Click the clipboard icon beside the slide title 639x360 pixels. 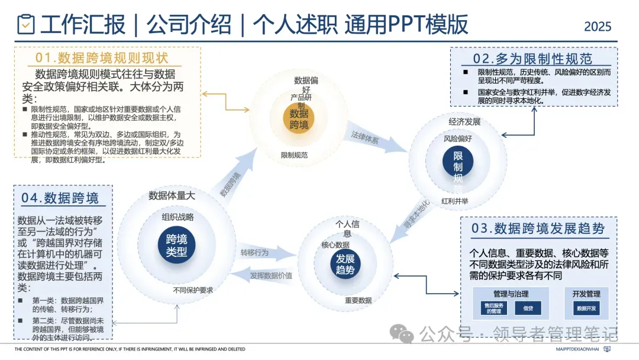coord(26,24)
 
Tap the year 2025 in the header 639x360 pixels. coord(598,27)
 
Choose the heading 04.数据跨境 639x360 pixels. coord(60,198)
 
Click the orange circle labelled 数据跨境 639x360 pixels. coord(299,118)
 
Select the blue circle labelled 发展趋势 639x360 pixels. coord(345,265)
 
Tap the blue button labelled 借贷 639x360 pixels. coord(527,308)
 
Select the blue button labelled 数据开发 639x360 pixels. coord(586,308)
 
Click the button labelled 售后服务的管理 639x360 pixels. coord(493,308)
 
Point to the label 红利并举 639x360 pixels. coord(455,201)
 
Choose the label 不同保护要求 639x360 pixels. coord(193,290)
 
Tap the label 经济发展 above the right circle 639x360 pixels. coord(464,122)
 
